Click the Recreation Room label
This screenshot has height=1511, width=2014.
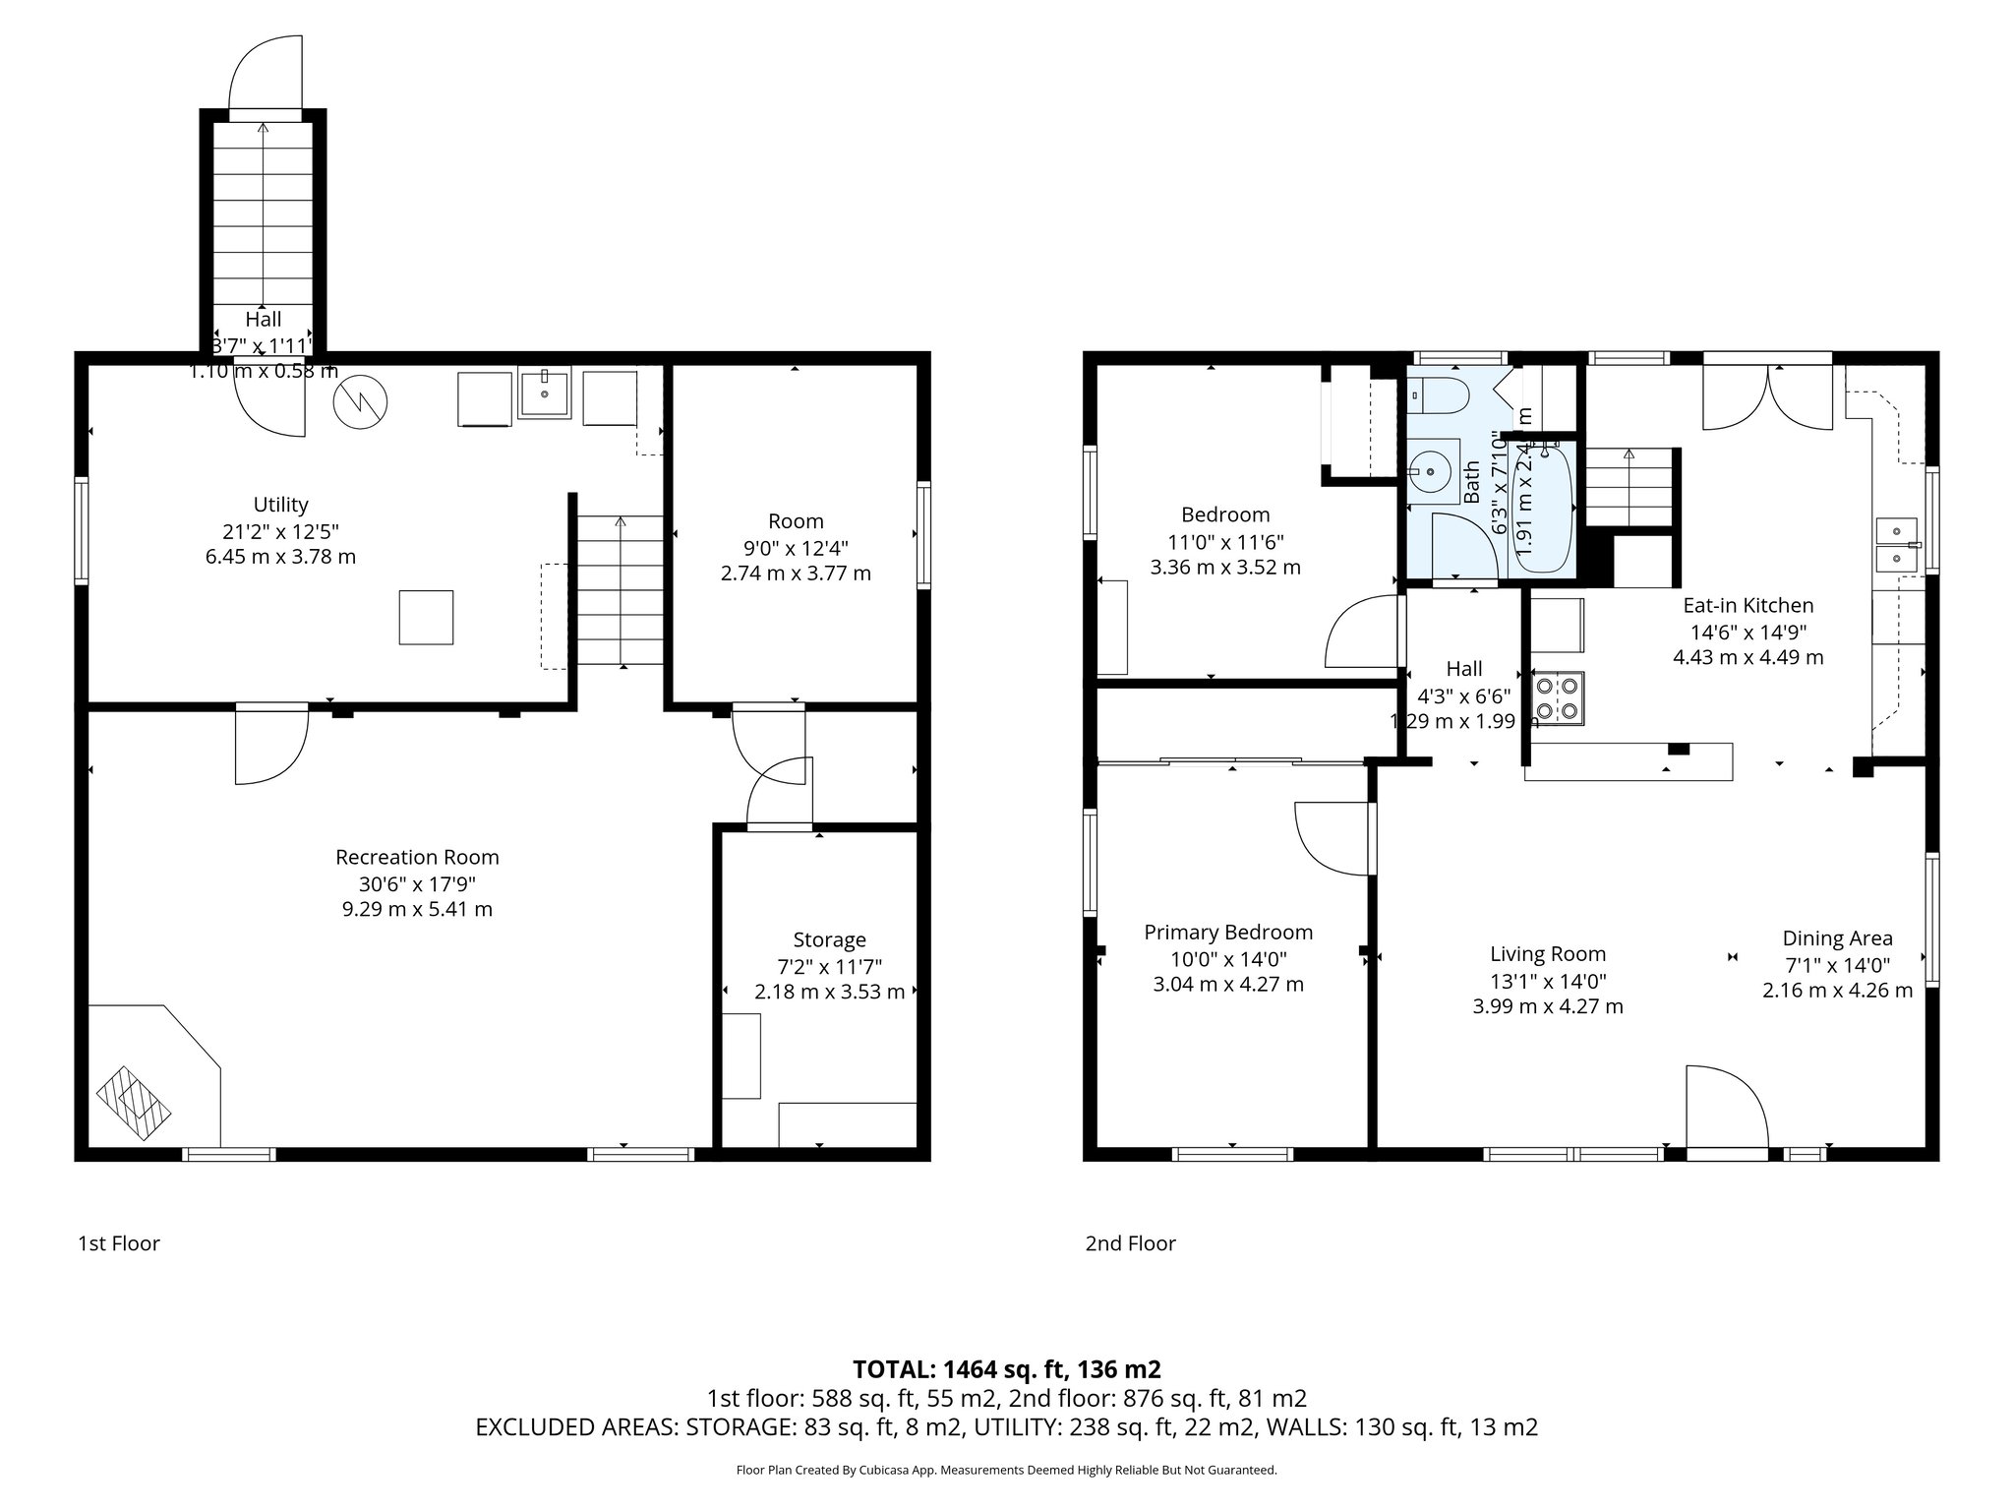coord(417,857)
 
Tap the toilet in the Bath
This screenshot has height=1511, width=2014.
coord(1442,396)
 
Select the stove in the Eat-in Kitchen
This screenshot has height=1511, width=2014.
coord(1557,697)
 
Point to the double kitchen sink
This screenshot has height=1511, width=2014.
coord(1895,545)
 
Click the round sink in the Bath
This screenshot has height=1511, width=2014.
coord(1431,473)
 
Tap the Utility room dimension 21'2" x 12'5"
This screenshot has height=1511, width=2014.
coord(280,531)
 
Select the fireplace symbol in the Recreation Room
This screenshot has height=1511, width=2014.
coord(134,1104)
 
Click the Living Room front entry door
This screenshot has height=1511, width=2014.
coord(1726,1110)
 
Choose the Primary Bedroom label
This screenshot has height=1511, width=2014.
coord(1228,933)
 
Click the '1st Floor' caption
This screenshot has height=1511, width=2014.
coord(119,1243)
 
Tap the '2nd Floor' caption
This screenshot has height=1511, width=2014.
coord(1130,1243)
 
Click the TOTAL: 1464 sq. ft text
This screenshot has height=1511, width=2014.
coord(1006,1368)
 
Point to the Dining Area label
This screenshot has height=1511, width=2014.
coord(1837,938)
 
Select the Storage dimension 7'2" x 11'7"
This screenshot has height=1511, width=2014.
coord(829,966)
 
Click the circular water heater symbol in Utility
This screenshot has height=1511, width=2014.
coord(360,400)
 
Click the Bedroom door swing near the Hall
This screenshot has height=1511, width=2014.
coord(1362,635)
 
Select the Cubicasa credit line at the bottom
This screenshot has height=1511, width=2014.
coord(1006,1470)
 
